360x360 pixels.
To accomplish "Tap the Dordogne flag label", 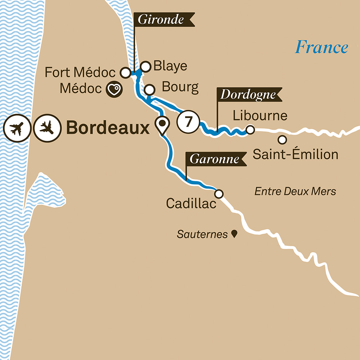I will coord(247,94).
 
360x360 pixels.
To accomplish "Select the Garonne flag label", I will coord(215,159).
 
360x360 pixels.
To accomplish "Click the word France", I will coord(322,47).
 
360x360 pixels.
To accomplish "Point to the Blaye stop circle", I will coord(145,66).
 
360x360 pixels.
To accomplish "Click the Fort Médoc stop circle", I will coord(125,73).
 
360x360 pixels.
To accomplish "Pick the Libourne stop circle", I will coord(250,129).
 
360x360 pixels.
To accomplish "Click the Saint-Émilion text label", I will coord(295,155).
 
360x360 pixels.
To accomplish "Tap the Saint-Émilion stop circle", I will coord(283,139).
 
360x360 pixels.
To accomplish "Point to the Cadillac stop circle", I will coord(219,194).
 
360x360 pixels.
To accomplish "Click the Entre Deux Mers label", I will coord(295,191).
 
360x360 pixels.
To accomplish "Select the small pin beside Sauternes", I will coord(234,234).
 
